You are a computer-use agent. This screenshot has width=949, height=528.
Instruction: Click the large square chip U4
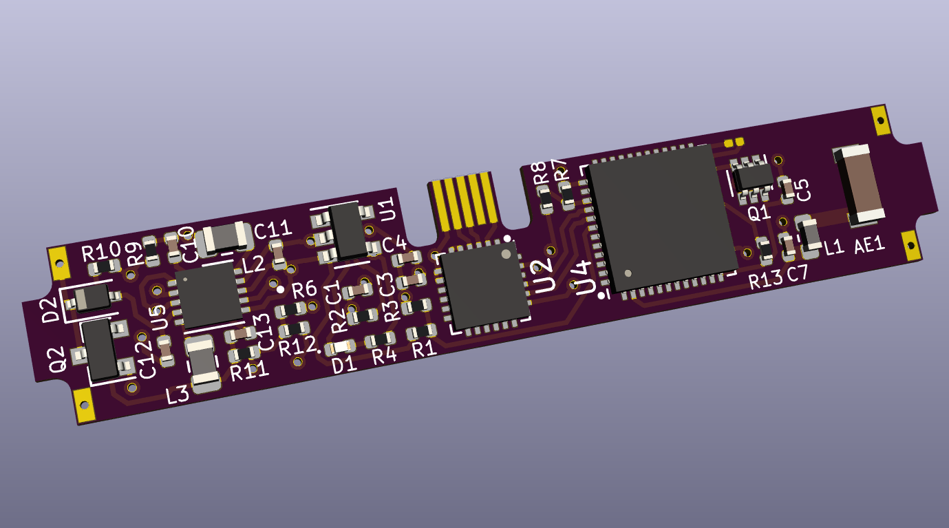click(x=662, y=218)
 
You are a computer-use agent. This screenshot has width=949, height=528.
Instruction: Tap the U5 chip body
click(x=209, y=295)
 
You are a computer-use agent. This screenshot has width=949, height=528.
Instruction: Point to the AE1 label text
click(x=870, y=246)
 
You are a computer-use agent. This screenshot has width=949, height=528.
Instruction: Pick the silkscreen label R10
click(x=101, y=252)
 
